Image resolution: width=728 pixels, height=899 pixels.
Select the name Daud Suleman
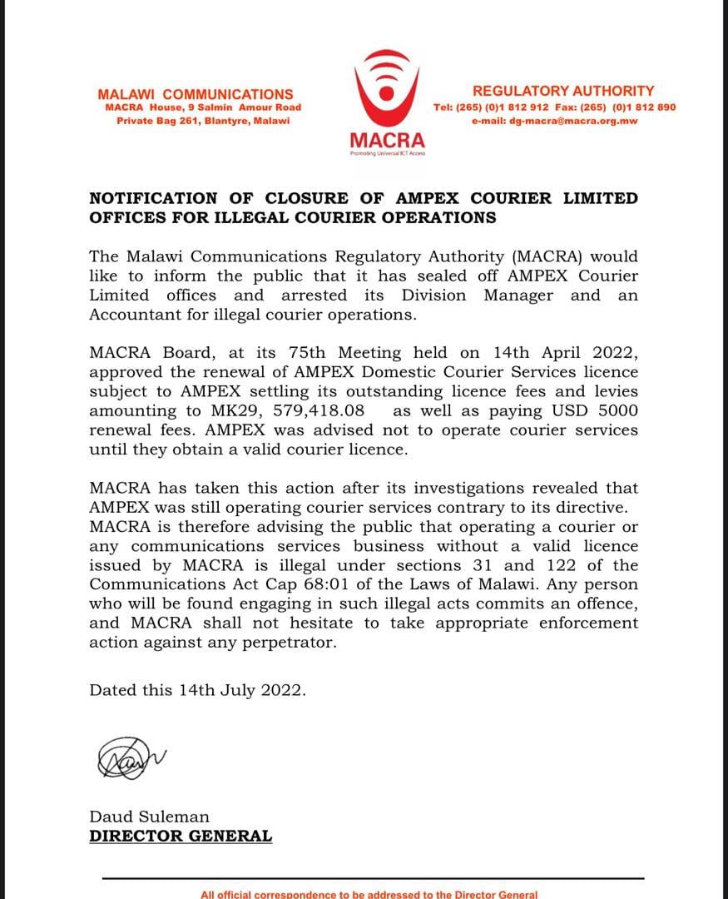click(x=150, y=817)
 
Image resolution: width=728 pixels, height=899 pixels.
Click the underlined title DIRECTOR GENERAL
click(x=181, y=836)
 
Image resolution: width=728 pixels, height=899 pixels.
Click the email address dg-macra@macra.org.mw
click(x=554, y=121)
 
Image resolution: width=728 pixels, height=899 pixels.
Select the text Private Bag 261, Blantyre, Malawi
click(x=203, y=121)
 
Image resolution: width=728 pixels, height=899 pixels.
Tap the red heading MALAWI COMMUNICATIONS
click(x=196, y=95)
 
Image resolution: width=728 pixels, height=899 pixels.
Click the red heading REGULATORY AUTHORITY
click(x=563, y=91)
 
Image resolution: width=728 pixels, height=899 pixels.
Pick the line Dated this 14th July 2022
click(x=198, y=690)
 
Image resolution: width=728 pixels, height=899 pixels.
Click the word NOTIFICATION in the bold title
click(x=153, y=199)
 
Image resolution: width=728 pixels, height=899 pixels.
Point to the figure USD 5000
click(x=597, y=411)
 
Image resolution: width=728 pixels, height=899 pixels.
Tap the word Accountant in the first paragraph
click(x=133, y=315)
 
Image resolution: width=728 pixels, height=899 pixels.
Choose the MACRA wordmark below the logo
click(x=387, y=140)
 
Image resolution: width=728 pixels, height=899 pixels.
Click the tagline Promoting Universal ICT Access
click(x=387, y=154)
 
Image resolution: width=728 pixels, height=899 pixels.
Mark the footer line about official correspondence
click(x=369, y=894)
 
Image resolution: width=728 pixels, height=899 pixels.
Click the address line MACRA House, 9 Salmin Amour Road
click(x=203, y=107)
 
